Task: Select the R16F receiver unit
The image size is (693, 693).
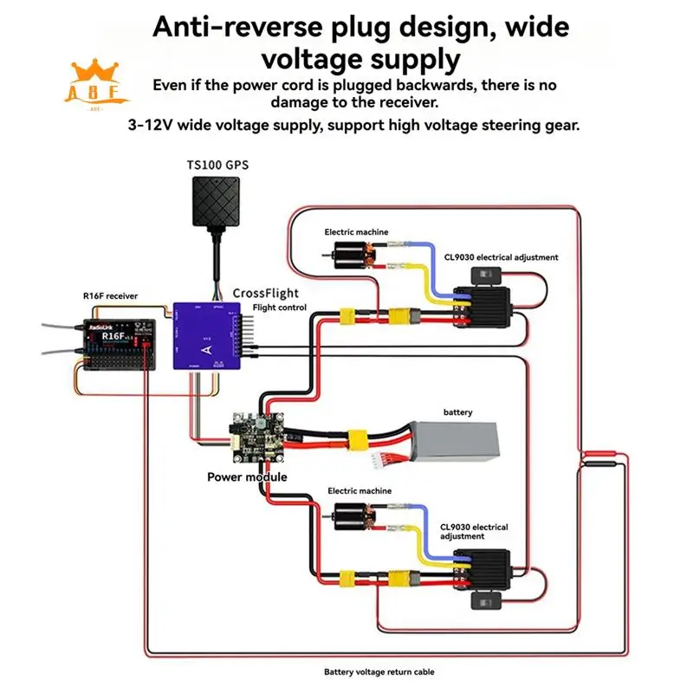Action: pos(117,344)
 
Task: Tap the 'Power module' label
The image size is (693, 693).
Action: pos(246,476)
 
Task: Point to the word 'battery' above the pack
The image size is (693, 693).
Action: pos(457,412)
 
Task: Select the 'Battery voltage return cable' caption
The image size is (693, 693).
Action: pos(379,671)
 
